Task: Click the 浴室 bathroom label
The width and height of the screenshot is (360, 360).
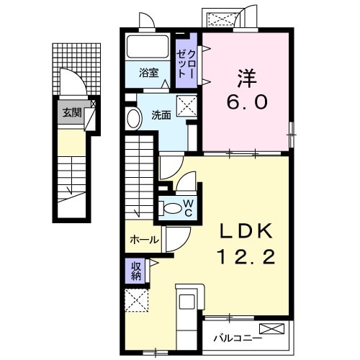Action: pos(149,73)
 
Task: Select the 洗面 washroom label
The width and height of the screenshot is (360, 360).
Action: pos(161,114)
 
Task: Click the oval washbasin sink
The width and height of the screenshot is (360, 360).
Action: pos(134,119)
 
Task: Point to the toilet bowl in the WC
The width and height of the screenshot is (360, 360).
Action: pos(173,208)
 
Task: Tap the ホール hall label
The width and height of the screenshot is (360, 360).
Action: pos(144,239)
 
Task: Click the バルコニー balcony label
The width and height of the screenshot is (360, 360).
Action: pos(238,336)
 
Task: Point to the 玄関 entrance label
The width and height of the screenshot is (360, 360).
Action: pos(71,112)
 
